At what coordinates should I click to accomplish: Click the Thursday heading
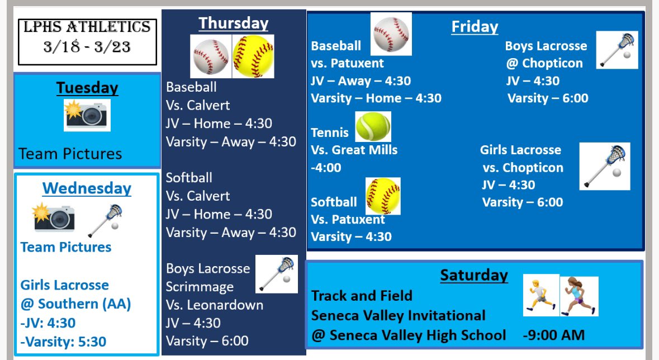233,23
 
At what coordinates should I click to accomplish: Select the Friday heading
475,26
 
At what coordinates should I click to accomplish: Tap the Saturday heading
473,275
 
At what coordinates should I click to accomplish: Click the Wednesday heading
87,188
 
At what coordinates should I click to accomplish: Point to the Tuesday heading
87,88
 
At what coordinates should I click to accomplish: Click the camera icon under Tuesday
87,115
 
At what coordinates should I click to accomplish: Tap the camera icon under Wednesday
54,218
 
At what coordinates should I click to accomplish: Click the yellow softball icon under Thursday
253,56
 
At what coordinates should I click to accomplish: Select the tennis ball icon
373,126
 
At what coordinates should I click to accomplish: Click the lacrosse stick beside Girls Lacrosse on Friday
604,166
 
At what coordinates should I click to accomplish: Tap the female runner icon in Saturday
579,296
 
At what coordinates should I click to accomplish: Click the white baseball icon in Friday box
391,34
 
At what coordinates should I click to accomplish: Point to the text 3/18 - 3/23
87,46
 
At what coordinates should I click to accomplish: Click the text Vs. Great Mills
354,150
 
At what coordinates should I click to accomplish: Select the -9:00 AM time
553,335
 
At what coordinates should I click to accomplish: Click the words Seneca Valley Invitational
398,315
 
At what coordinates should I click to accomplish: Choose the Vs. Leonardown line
214,305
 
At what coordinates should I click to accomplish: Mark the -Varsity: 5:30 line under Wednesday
63,341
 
